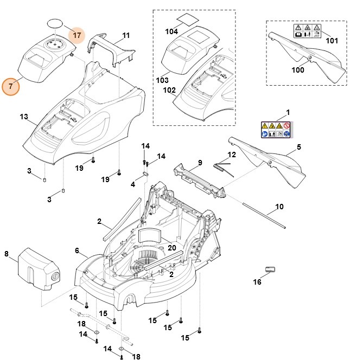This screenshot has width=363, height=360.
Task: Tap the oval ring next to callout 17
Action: click(x=54, y=23)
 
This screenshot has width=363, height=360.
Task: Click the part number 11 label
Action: click(x=126, y=36)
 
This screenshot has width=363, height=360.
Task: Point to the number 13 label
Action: click(x=23, y=117)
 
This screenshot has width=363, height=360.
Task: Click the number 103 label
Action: click(x=163, y=80)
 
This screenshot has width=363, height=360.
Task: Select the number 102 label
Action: click(x=170, y=90)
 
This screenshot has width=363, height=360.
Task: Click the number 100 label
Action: click(x=298, y=70)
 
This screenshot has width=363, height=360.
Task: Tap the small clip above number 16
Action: click(x=271, y=269)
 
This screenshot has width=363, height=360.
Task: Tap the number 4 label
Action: click(x=133, y=184)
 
